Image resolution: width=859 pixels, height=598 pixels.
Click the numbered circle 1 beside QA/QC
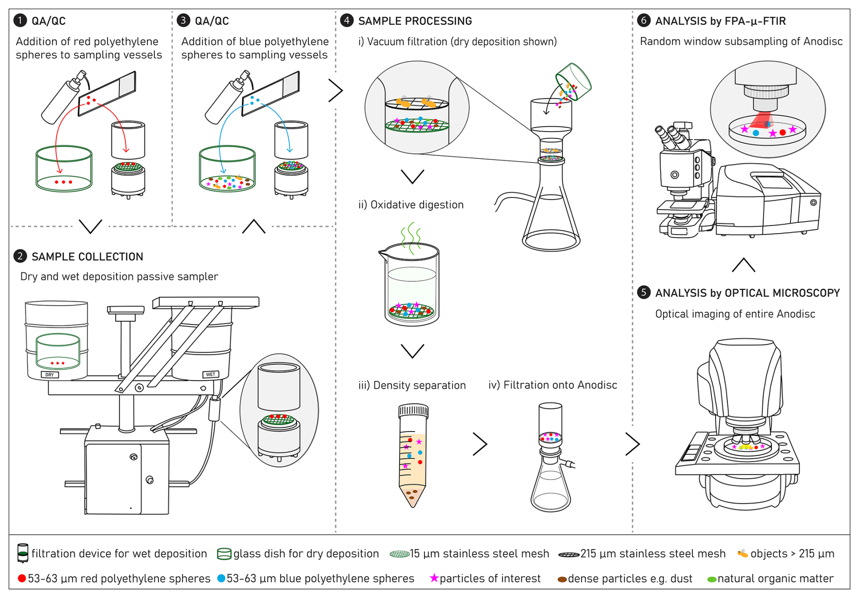[x=20, y=20]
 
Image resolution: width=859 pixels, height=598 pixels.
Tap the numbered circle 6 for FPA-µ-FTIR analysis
[x=643, y=20]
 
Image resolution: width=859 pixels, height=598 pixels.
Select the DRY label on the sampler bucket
[x=49, y=375]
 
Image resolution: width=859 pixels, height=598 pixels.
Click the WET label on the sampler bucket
[x=211, y=374]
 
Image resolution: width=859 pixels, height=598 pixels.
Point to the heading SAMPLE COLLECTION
[x=87, y=257]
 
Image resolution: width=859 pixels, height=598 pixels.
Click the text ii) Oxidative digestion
[x=411, y=205]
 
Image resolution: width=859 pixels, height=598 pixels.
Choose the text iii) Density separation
[x=412, y=385]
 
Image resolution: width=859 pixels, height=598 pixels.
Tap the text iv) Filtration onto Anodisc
[x=553, y=385]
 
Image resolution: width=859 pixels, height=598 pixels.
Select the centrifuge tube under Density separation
[x=413, y=454]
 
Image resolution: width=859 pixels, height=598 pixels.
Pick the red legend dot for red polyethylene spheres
[x=21, y=578]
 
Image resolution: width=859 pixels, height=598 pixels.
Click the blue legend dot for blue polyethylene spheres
[x=221, y=578]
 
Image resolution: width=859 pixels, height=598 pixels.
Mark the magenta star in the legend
[x=434, y=578]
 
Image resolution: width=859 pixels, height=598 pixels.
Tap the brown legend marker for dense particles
[x=562, y=579]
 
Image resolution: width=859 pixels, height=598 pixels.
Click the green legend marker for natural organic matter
[x=711, y=579]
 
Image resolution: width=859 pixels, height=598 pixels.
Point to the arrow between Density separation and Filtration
[x=480, y=444]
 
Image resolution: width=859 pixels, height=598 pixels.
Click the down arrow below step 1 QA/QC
[x=90, y=226]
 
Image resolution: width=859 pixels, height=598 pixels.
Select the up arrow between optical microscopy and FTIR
[x=744, y=265]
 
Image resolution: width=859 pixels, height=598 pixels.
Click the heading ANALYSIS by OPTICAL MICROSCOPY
[x=747, y=293]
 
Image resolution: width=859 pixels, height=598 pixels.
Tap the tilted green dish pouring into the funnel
[x=573, y=82]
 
